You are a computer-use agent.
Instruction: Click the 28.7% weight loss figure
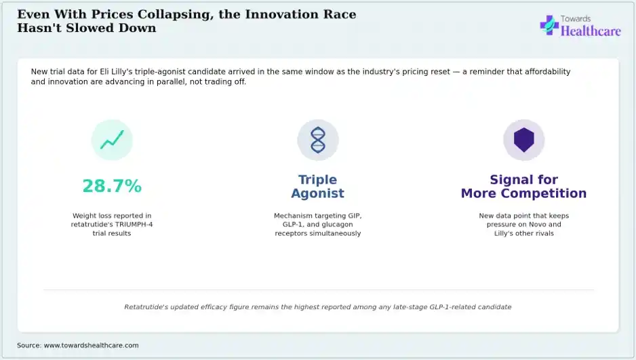tap(112, 186)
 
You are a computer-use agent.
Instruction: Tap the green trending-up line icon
tap(112, 140)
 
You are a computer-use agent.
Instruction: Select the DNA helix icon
tap(317, 140)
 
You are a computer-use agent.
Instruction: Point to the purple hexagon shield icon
tap(523, 140)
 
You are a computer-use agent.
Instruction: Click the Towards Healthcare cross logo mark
tap(549, 25)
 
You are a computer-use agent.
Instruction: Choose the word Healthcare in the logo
tap(591, 31)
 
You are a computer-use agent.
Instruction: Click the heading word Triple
tap(317, 180)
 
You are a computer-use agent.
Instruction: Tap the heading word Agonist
tap(317, 193)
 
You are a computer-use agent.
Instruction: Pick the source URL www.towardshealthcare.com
tap(92, 345)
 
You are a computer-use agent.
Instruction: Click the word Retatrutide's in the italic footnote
tap(146, 307)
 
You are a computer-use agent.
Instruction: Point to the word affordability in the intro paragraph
tap(548, 72)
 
